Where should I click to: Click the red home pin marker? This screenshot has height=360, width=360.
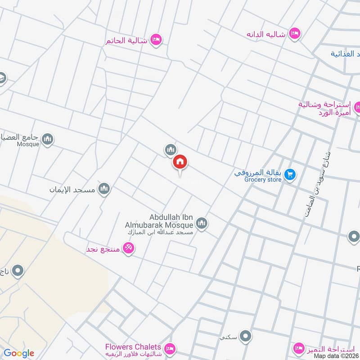[x=180, y=162]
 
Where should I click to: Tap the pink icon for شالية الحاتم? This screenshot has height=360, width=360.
[x=156, y=40]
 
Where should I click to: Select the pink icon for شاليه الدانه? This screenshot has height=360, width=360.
[x=294, y=33]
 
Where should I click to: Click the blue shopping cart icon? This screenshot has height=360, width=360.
[x=291, y=173]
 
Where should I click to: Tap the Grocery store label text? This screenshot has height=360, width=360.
[x=263, y=180]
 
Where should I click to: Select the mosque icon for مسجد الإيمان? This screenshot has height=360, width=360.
[x=104, y=189]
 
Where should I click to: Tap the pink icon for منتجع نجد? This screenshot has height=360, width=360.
[x=128, y=247]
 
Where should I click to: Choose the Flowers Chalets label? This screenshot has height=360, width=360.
[x=133, y=347]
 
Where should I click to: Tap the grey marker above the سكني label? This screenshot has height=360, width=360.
[x=245, y=336]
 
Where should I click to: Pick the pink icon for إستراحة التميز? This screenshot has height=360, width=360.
[x=298, y=348]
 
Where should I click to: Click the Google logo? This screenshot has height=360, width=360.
[x=19, y=353]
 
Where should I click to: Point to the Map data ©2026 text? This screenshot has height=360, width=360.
[x=336, y=355]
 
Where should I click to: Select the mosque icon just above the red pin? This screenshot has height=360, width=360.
[x=170, y=149]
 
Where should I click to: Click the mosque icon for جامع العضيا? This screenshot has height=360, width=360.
[x=48, y=139]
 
